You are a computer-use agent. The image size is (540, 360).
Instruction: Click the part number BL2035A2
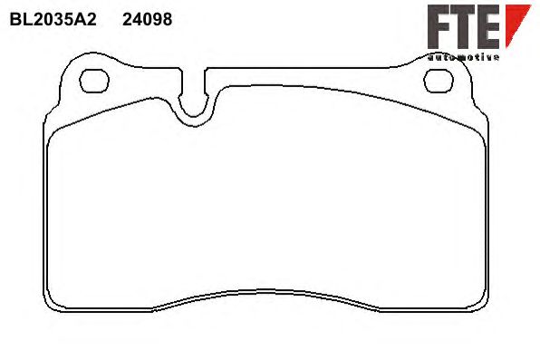tap(53, 20)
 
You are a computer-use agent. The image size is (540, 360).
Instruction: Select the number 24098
tap(148, 20)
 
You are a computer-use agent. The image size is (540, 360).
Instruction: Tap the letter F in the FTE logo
tap(438, 27)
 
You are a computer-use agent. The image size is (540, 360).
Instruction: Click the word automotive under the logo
tap(463, 57)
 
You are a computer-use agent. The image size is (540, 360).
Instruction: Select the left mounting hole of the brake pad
tap(94, 81)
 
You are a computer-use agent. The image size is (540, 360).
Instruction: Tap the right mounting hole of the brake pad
tap(439, 81)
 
